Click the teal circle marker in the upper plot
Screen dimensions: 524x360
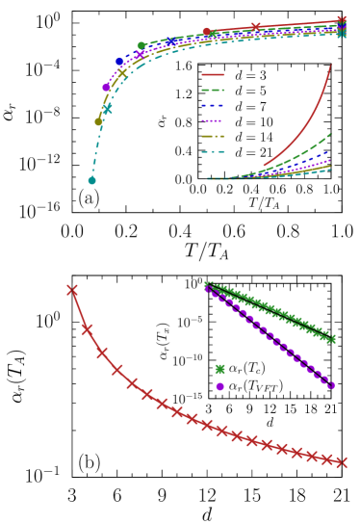coord(92,180)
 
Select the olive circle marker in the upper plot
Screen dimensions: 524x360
coord(98,121)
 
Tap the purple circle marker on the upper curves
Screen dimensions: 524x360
coord(106,88)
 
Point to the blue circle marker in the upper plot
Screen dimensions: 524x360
coord(119,62)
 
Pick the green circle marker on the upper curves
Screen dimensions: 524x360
coord(141,45)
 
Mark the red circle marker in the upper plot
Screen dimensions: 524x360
coord(206,32)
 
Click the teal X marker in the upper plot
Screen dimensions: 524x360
coord(108,110)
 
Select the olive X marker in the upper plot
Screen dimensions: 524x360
coord(122,73)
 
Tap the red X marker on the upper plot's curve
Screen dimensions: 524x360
coord(256,27)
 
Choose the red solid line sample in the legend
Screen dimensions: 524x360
coord(213,74)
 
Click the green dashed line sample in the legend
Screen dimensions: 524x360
coord(213,90)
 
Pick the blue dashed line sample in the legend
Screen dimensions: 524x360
coord(213,105)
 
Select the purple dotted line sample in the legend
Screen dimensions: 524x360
coord(213,120)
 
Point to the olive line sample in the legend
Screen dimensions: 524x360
coord(213,136)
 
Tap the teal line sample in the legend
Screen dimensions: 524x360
coord(213,151)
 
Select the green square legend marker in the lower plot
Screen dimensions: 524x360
coord(219,369)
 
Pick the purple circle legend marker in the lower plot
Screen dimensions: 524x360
coord(219,386)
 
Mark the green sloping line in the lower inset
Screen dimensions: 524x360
coord(270,309)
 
